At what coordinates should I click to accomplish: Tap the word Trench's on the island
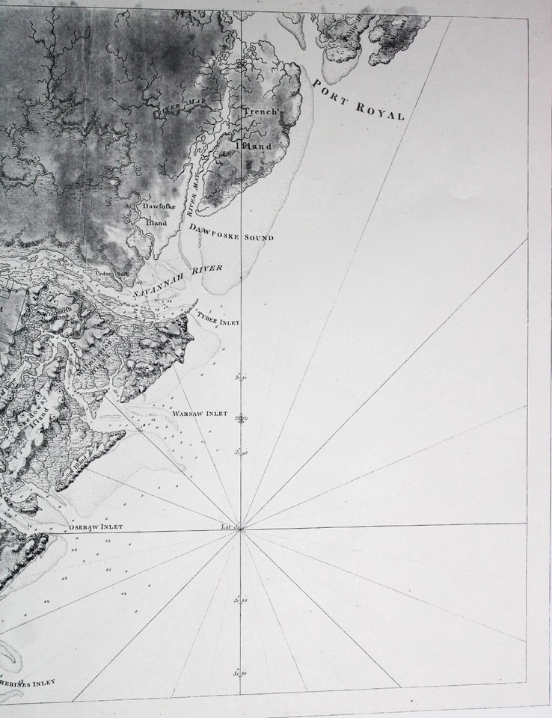260,111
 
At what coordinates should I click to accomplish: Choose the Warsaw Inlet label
200,414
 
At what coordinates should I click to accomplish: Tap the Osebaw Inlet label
96,527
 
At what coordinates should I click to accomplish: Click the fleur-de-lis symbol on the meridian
241,419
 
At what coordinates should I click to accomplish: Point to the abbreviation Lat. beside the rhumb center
227,527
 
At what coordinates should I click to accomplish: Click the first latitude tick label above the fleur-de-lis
240,378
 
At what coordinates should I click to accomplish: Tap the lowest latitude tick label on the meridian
239,673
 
